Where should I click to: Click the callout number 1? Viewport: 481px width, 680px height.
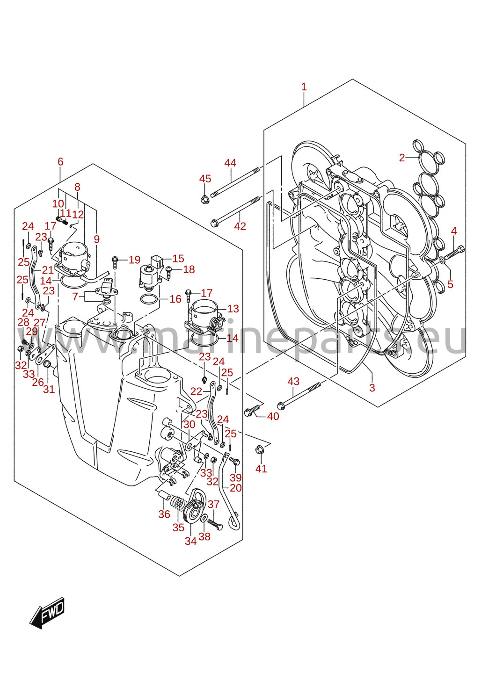tap(304, 87)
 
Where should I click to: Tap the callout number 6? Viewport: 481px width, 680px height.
tap(60, 162)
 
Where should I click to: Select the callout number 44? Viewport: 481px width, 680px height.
tap(230, 163)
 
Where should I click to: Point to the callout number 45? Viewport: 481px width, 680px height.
tap(205, 179)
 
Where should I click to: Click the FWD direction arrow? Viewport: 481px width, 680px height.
tap(47, 611)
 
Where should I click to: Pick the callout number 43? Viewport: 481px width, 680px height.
tap(293, 381)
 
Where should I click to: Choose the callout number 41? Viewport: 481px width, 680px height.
tap(261, 469)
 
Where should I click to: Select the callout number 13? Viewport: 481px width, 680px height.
tap(233, 309)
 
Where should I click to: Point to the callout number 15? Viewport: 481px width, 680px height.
tap(178, 259)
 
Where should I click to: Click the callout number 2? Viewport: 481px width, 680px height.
tap(402, 158)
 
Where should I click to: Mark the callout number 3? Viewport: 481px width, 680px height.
tap(372, 387)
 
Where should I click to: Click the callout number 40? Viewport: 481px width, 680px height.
tap(273, 416)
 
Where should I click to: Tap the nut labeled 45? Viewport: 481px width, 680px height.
tap(204, 200)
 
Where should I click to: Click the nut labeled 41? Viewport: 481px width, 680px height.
tap(260, 449)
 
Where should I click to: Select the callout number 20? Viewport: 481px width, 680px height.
tap(236, 488)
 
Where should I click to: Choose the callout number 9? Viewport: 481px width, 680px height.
tap(96, 239)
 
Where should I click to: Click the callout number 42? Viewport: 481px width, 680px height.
tap(240, 226)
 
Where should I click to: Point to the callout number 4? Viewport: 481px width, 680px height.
tap(454, 231)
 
